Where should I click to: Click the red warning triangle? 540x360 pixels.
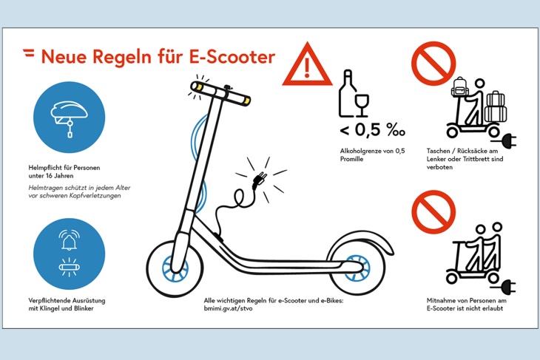point(307,65)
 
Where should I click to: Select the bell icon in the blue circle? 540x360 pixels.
point(70,240)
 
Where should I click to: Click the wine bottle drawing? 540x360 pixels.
point(347,93)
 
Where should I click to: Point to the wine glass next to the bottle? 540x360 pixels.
point(362,105)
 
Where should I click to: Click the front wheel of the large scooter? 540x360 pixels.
point(175,268)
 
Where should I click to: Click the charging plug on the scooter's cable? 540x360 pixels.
point(259,180)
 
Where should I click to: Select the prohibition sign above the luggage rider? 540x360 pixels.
point(433,64)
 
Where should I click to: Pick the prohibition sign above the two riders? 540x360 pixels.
point(433,212)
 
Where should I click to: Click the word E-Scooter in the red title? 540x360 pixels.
point(232,57)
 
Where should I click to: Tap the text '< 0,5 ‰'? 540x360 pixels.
point(372,130)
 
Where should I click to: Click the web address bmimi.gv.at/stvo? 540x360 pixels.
point(228,308)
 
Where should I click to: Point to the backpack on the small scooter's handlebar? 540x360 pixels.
point(460,86)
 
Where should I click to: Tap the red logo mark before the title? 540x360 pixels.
point(29,53)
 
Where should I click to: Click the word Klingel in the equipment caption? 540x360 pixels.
point(52,308)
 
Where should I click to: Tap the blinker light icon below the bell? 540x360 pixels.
point(70,267)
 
